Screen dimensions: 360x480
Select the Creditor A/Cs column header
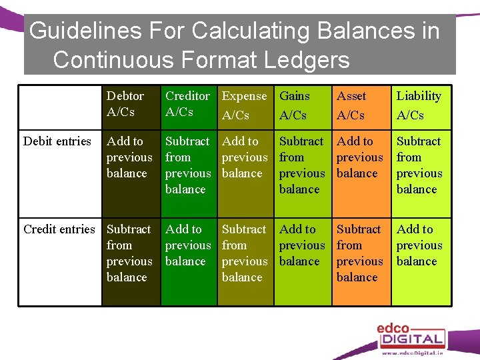(187, 104)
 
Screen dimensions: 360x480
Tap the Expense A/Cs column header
(244, 105)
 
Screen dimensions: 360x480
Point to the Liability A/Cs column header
(419, 105)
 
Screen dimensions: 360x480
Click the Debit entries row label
(57, 141)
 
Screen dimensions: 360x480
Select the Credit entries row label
(59, 229)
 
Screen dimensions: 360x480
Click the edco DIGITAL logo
(409, 333)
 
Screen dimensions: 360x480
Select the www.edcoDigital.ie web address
(412, 353)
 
